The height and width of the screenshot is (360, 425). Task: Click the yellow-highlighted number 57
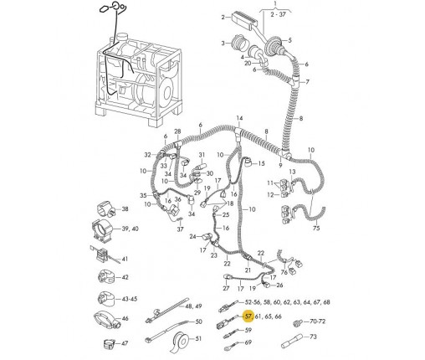pos(248,316)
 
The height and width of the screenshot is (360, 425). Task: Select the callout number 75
pos(316,229)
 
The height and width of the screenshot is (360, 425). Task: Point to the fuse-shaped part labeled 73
pos(291,341)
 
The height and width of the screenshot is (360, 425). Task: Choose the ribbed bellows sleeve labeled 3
pos(238,43)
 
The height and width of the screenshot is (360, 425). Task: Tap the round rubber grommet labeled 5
pos(274,44)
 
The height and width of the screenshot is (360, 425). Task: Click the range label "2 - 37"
pos(278,14)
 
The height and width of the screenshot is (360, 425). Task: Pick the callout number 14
pos(239,118)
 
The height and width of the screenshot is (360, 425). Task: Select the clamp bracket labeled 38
pos(107,208)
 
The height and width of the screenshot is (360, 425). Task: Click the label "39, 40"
pos(130,229)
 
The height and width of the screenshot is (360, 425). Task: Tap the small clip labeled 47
pos(110,344)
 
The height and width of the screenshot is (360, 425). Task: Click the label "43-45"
pos(130,299)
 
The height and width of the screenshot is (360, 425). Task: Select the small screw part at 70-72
pos(298,323)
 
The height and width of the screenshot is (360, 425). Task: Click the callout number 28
pos(177,131)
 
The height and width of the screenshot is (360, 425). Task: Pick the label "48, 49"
pos(193,306)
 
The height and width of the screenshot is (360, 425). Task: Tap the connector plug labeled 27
pos(227,277)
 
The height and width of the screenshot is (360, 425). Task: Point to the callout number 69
pos(248,342)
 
